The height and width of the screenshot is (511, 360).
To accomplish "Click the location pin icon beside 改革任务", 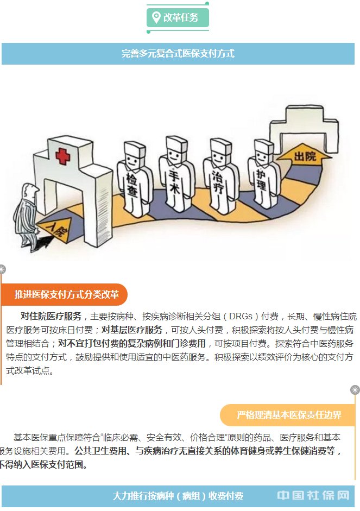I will point(156,17).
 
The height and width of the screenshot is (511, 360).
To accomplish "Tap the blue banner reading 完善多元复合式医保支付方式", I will point(178,54).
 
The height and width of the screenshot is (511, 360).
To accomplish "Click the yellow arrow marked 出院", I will point(304,156).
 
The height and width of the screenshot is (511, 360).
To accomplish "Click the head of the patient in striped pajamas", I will point(31,192).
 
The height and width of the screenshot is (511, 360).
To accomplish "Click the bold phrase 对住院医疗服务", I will point(51,317).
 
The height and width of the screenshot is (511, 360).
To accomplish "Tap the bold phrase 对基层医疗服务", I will point(132,330).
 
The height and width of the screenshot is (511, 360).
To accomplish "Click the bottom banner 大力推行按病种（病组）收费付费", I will point(178,496).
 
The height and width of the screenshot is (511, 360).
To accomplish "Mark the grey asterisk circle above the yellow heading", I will point(355,390).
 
